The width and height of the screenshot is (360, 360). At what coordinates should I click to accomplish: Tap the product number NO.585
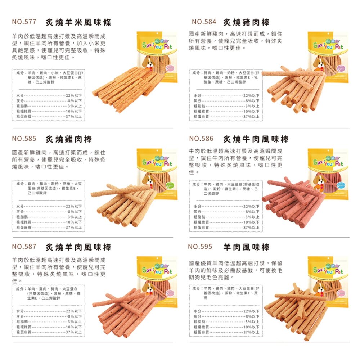[24, 139]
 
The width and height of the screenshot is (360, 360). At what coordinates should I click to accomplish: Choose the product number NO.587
[24, 247]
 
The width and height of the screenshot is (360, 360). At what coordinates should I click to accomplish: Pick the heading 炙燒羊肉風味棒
[78, 247]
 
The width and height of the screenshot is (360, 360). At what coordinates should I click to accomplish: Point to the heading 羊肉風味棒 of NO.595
[246, 247]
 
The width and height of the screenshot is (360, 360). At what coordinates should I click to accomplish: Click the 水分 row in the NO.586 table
[226, 206]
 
